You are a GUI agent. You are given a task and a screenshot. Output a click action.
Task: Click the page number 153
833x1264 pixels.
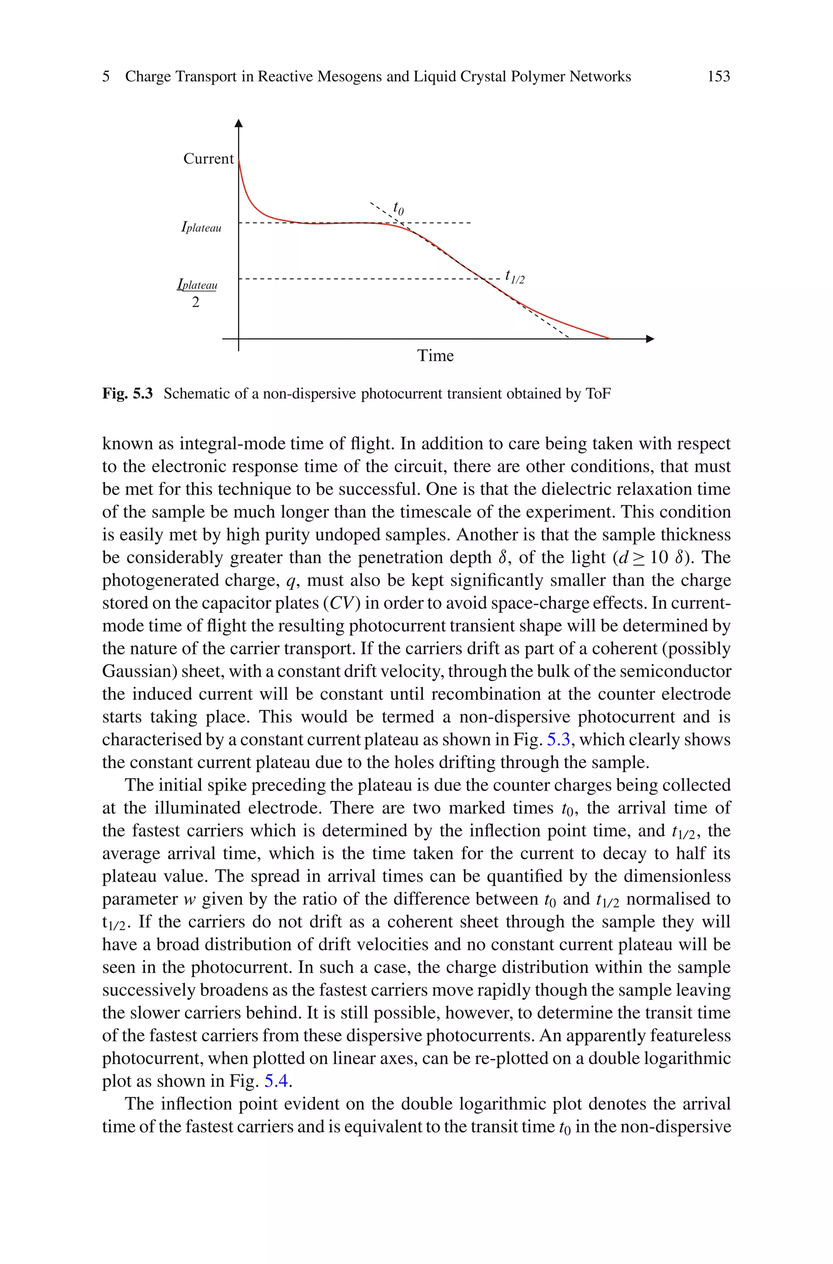coord(718,77)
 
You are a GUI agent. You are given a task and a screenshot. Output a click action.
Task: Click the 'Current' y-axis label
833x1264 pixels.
coord(208,158)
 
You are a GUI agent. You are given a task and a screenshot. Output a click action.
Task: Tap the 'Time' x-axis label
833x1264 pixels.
coord(435,356)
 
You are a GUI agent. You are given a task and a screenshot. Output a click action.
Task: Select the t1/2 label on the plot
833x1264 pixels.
coord(514,276)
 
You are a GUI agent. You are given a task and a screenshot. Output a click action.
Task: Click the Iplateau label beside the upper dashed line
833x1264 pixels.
coord(201,228)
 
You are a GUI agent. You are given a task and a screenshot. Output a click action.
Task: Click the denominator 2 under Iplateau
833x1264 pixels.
coord(196,302)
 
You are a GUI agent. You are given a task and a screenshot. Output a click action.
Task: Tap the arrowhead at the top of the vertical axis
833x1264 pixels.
coord(238,124)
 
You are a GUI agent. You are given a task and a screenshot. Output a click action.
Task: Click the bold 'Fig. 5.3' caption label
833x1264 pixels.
coord(127,394)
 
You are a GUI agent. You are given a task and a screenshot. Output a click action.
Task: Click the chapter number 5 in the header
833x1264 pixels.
coord(106,77)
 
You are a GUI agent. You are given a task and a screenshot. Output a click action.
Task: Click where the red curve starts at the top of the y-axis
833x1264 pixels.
coord(239,160)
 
